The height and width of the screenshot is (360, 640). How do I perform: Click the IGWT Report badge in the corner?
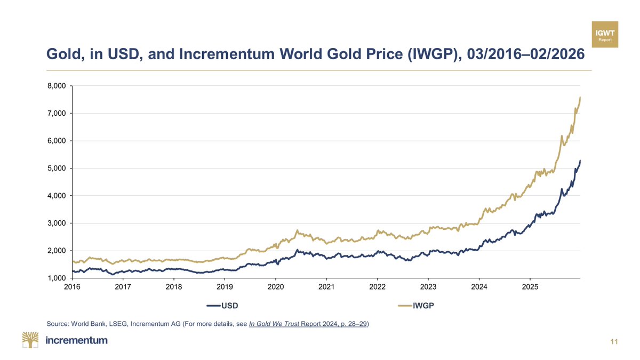click(x=605, y=35)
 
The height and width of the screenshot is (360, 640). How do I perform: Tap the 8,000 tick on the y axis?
click(x=56, y=86)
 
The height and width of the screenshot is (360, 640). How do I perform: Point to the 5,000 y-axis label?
click(x=56, y=169)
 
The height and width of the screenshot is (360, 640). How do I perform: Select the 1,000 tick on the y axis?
click(x=56, y=278)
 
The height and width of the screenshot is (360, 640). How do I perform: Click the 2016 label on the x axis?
click(x=72, y=287)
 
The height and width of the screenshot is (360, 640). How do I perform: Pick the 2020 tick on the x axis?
click(x=276, y=287)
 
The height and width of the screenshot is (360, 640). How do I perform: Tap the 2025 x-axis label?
click(x=530, y=287)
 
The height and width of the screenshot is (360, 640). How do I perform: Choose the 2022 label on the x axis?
click(x=378, y=287)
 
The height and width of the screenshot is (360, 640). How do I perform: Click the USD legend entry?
click(x=221, y=306)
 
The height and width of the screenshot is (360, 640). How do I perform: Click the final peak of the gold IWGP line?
click(x=580, y=98)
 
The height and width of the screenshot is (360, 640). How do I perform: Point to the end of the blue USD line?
click(x=580, y=161)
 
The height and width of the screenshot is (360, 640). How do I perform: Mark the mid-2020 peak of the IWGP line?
click(x=297, y=230)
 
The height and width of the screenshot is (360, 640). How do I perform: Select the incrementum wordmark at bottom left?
click(x=77, y=340)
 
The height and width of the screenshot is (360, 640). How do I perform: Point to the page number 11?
click(x=614, y=341)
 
